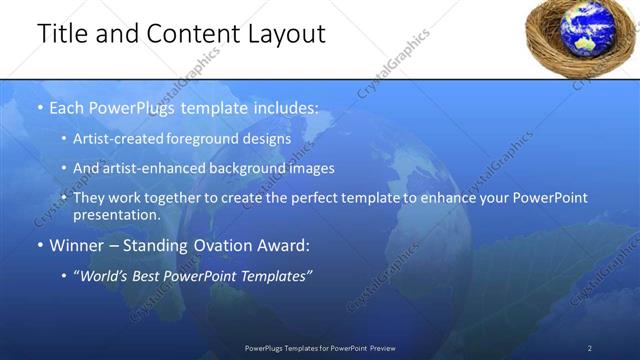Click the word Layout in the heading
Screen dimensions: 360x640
(x=288, y=34)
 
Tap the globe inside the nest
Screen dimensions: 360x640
(x=577, y=33)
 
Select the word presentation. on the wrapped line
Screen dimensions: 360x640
(x=116, y=215)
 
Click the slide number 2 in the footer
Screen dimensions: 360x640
(x=590, y=348)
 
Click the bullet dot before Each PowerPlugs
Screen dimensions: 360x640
(x=39, y=107)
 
